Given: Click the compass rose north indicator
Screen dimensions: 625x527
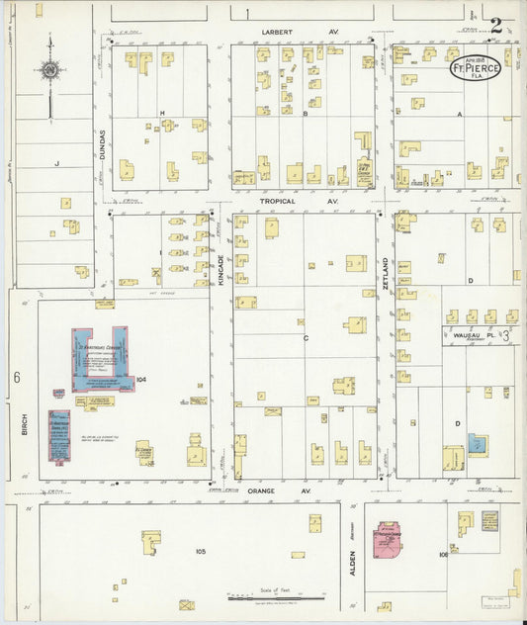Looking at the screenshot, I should pyautogui.click(x=48, y=70).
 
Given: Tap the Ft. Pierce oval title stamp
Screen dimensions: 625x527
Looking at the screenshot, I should pyautogui.click(x=476, y=69).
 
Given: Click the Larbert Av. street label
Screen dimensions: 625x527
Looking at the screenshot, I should pyautogui.click(x=279, y=33).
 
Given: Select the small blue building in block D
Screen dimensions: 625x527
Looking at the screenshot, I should pyautogui.click(x=478, y=444).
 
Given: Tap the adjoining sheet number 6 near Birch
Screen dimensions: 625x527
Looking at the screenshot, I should pyautogui.click(x=17, y=377).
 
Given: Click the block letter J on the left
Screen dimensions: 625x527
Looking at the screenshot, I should pyautogui.click(x=57, y=162).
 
